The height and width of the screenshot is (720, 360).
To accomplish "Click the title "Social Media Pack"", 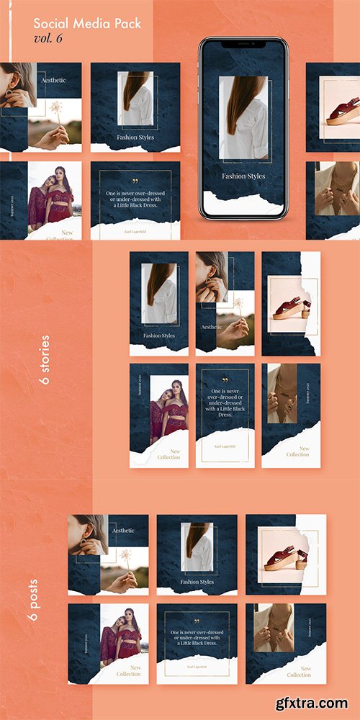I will [87, 24].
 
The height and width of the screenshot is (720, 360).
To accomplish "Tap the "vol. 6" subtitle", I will [48, 38].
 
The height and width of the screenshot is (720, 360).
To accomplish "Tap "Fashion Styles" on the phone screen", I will [243, 176].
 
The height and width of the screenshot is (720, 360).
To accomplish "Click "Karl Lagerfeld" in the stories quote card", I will [225, 446].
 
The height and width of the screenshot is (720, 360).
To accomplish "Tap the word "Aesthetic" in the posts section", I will [123, 531].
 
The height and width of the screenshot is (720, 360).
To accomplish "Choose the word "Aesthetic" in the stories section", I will [211, 327].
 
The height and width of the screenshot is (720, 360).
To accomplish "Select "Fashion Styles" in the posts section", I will [197, 582].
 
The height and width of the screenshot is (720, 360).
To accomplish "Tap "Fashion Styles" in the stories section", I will [158, 336].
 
